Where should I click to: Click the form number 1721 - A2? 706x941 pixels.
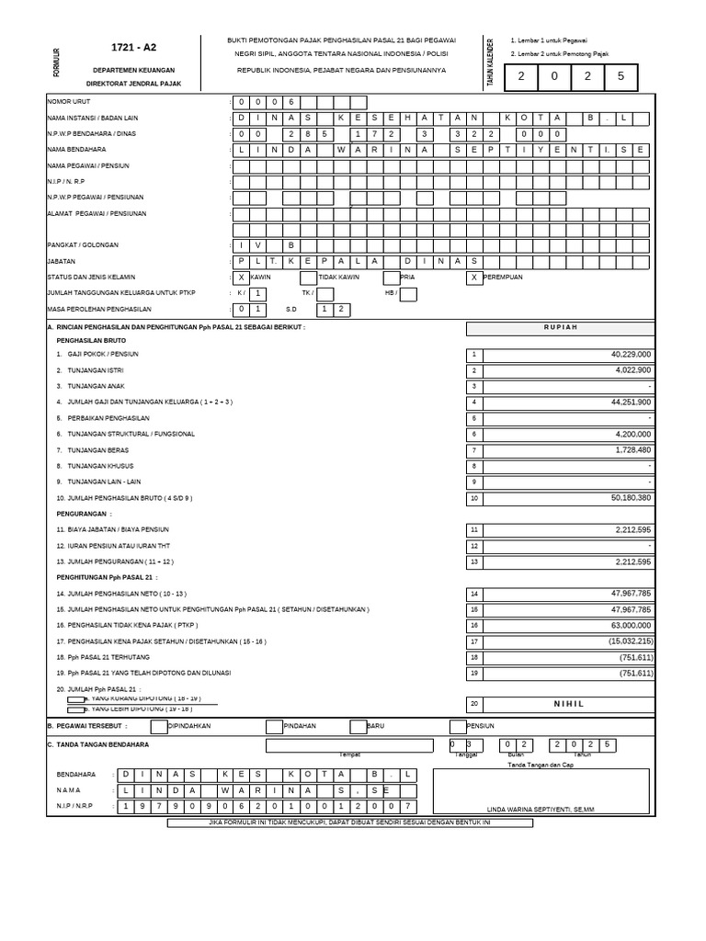(132, 47)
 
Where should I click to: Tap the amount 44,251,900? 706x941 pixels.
(630, 402)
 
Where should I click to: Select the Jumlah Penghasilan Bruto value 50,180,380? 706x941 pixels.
(629, 498)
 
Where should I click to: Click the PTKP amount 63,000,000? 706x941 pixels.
(629, 625)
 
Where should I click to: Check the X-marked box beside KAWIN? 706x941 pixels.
(242, 277)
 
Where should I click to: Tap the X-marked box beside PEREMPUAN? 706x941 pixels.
(474, 277)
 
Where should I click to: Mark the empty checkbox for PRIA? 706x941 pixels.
(391, 277)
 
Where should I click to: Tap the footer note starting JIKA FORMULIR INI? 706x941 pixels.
(349, 822)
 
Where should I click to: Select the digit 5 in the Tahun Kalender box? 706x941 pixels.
(621, 77)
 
